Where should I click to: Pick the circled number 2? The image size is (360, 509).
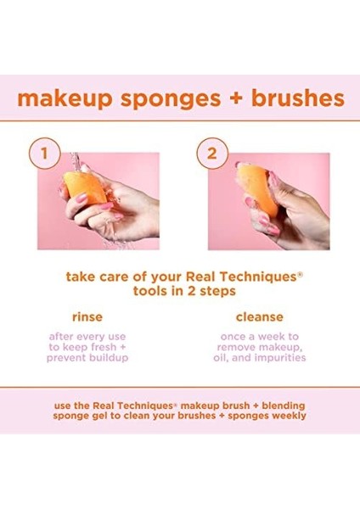click(x=207, y=154)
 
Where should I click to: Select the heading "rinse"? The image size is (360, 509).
click(x=87, y=316)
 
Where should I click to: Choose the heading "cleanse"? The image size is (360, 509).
click(x=260, y=316)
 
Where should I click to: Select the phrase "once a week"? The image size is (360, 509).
click(x=260, y=337)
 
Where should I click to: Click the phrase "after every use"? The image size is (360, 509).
click(x=87, y=337)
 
